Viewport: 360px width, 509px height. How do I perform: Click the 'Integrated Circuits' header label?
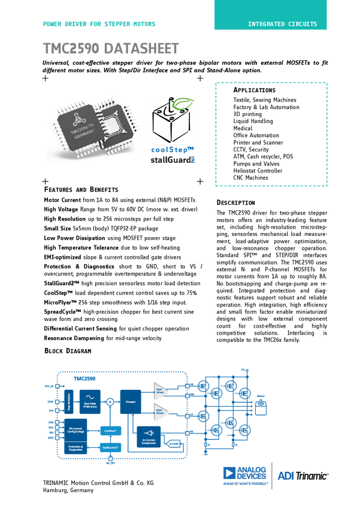click(x=283, y=24)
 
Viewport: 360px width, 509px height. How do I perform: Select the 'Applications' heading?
click(x=255, y=90)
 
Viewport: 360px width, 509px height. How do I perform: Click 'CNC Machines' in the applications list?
click(x=251, y=178)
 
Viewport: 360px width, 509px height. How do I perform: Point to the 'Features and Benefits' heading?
click(x=81, y=189)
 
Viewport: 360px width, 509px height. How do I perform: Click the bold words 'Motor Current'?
click(x=62, y=199)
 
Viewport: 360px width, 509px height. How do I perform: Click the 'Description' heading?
click(x=235, y=202)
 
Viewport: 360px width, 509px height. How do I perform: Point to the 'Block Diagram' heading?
click(x=68, y=351)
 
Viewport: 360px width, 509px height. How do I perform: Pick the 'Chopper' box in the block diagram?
click(x=131, y=402)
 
